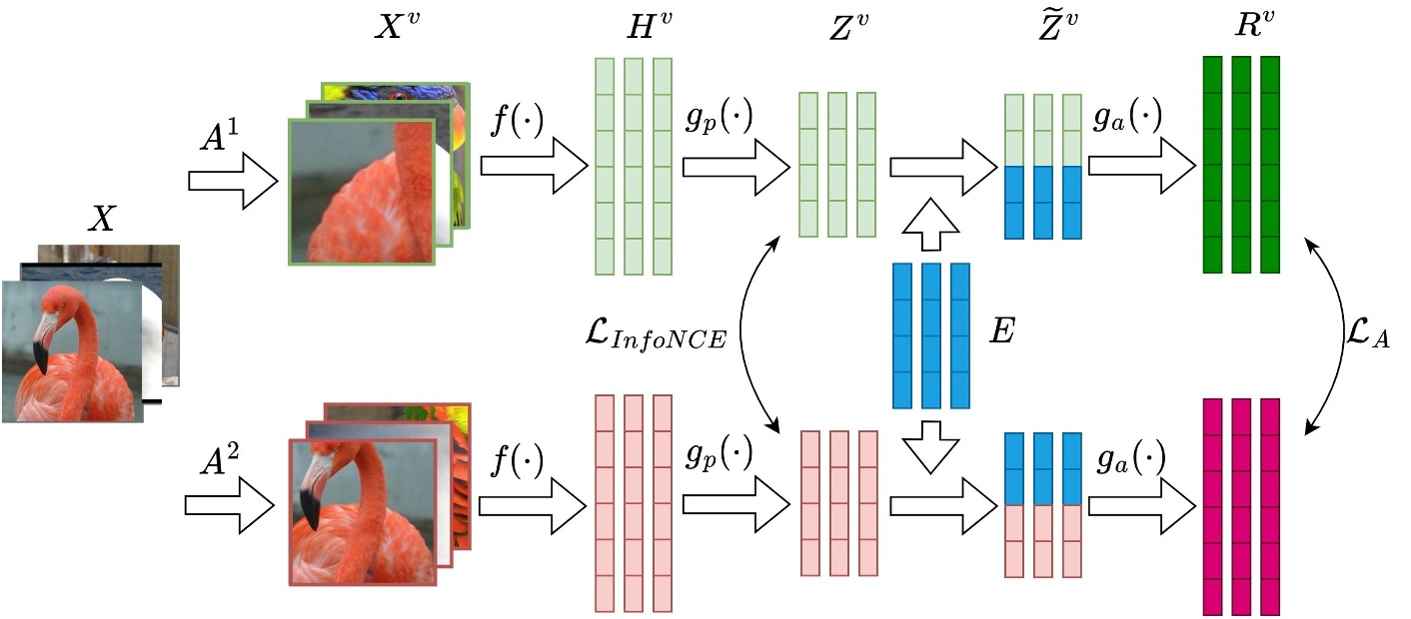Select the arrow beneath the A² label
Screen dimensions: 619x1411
[x=230, y=508]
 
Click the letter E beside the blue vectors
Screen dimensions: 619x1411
[x=1002, y=333]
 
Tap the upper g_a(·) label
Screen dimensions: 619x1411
[x=1127, y=120]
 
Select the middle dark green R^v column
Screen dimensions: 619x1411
[x=1240, y=165]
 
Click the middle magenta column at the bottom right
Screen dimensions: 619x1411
[x=1240, y=506]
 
